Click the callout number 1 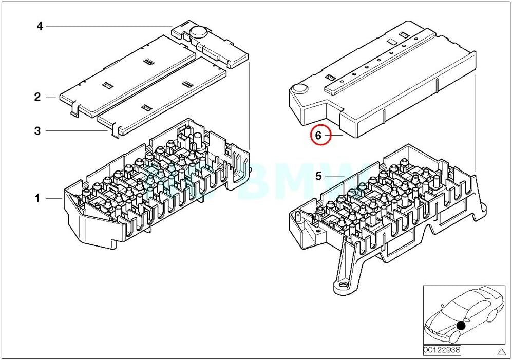click(37, 198)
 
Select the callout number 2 click(37, 97)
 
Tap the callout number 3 click(37, 131)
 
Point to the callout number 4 click(40, 26)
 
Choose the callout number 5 click(318, 176)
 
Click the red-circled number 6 click(318, 136)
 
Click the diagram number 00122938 click(442, 350)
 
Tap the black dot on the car click(461, 326)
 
